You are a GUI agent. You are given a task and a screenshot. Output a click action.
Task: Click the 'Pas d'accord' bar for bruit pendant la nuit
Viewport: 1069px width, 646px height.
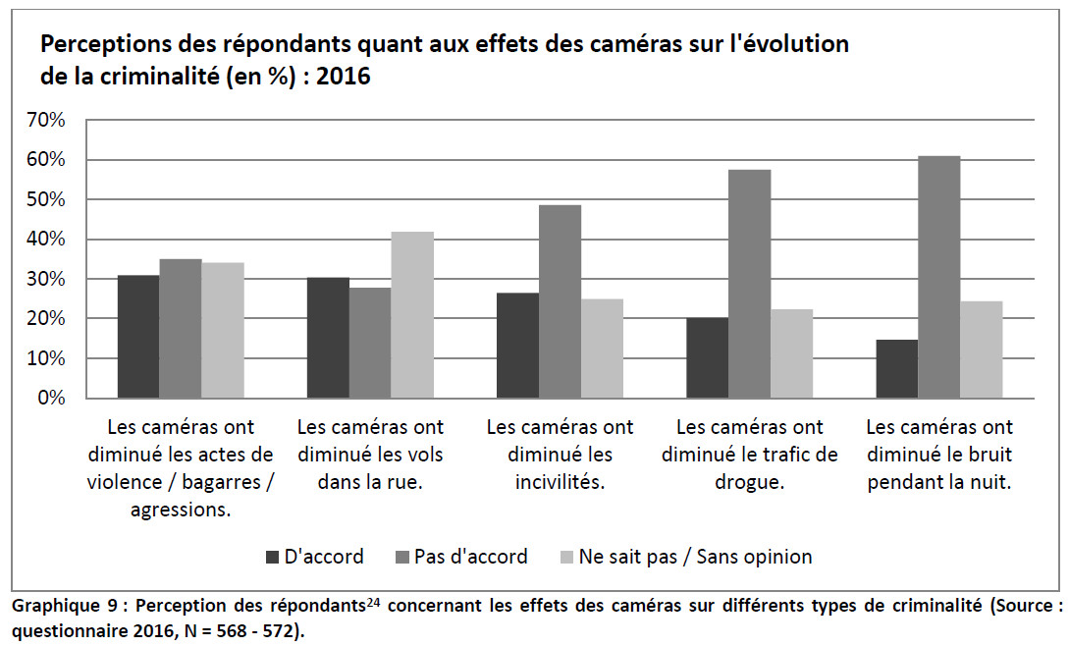point(938,277)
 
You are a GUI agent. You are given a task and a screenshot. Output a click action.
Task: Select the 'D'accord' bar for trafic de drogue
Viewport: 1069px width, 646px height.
point(707,357)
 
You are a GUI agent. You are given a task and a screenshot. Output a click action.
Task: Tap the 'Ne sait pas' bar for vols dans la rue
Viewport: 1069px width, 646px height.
point(412,315)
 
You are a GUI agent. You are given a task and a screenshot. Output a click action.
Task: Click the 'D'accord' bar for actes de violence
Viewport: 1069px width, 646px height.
point(138,337)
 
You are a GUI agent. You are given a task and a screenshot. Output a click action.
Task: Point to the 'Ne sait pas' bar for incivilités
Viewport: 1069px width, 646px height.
point(602,349)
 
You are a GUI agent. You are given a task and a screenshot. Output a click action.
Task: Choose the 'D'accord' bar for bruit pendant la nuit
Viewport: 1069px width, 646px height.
point(896,369)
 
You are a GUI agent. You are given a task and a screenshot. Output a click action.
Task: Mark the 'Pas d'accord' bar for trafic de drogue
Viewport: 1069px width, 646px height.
point(749,284)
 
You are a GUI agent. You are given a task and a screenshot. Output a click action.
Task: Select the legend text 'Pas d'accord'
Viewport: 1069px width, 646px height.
point(470,557)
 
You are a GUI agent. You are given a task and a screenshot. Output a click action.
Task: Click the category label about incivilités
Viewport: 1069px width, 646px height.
point(560,455)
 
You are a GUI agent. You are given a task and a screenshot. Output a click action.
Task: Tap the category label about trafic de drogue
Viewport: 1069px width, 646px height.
point(750,455)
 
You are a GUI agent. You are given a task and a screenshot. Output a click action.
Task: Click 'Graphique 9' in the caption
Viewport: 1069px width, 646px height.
point(58,606)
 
